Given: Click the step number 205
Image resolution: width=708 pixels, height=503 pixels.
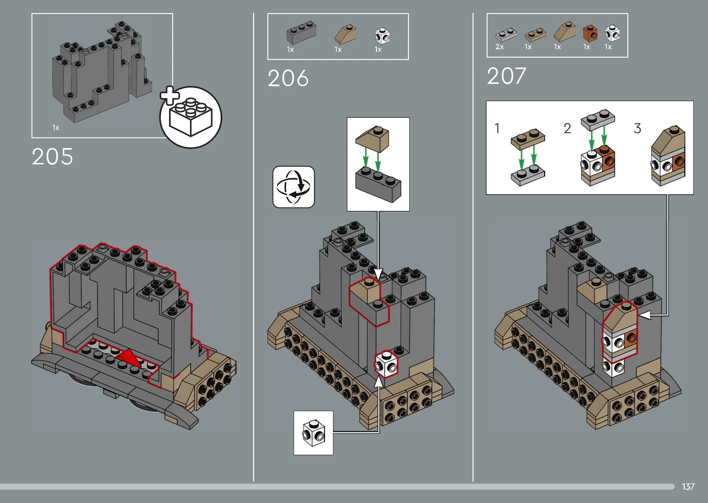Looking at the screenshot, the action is click(52, 157).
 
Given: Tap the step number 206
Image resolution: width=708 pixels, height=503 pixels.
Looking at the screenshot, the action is click(288, 79).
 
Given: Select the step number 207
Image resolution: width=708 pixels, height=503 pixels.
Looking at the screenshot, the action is click(507, 76).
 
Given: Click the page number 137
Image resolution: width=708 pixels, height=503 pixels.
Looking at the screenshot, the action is click(688, 487).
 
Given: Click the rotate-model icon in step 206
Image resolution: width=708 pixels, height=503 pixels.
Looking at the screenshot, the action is click(293, 187).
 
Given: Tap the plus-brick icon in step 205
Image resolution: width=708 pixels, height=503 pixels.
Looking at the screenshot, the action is click(190, 117).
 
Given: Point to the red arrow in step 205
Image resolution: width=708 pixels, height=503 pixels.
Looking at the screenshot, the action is click(129, 359).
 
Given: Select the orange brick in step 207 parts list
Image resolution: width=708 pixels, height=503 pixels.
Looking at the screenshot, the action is click(590, 33).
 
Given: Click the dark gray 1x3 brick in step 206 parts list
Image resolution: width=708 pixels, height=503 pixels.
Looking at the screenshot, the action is click(301, 33).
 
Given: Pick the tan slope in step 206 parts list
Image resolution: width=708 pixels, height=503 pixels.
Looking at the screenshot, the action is click(345, 34).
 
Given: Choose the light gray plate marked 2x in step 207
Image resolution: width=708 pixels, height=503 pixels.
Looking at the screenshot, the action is click(506, 35).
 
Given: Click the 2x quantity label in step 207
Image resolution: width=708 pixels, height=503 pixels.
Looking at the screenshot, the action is click(500, 47).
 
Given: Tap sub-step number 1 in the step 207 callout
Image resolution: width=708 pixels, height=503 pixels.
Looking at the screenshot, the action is click(497, 128).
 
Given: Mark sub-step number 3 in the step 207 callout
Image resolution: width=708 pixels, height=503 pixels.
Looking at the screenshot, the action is click(637, 128).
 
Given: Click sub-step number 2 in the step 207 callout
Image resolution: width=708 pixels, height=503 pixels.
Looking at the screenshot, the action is click(567, 128).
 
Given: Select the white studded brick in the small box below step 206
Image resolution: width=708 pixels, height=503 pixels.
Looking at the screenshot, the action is click(313, 433).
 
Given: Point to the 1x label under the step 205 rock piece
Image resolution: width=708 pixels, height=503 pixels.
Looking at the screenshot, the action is click(56, 128).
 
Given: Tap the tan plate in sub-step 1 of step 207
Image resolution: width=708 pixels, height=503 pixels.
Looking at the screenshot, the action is click(528, 139).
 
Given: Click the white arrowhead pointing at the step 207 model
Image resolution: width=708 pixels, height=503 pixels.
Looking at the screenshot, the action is click(645, 315).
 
